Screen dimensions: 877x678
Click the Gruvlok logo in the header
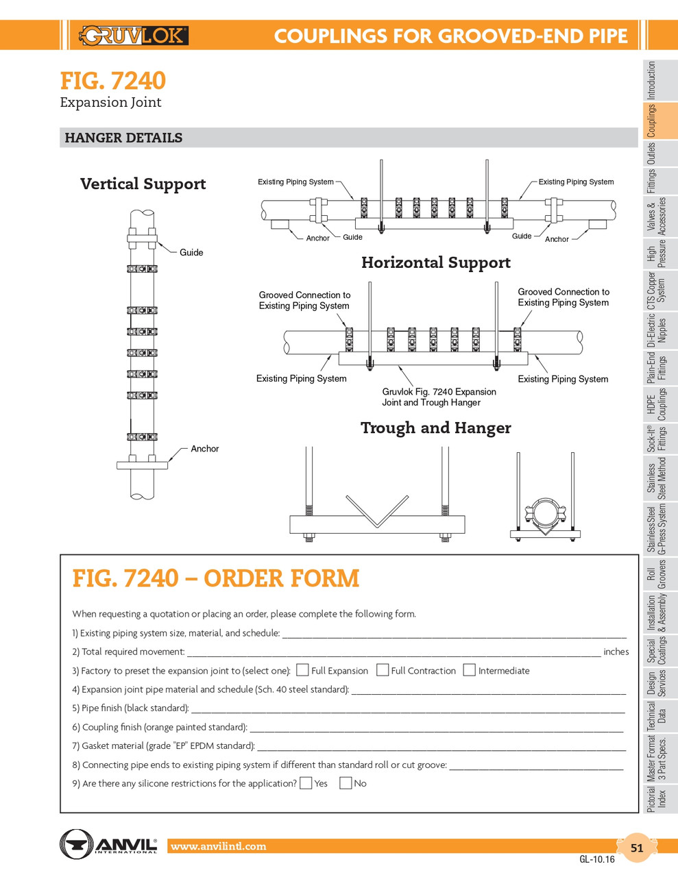[x=134, y=35]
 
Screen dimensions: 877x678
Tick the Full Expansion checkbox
[x=302, y=669]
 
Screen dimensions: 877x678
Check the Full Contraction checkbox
[x=383, y=669]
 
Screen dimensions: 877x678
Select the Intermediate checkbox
[x=470, y=669]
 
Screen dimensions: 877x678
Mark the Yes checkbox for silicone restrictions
[x=306, y=782]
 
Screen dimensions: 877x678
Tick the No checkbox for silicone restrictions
[x=346, y=782]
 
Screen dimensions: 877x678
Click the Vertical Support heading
[x=143, y=184]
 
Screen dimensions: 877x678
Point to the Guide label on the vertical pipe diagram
[x=191, y=253]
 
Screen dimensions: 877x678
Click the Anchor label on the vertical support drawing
[x=204, y=449]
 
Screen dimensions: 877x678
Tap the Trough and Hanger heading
[x=436, y=428]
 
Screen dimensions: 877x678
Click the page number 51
[x=637, y=848]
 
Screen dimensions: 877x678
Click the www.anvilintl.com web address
[x=218, y=847]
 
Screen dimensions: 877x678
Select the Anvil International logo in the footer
[x=108, y=843]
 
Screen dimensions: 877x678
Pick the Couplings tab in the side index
[x=652, y=121]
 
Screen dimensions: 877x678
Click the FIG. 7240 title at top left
[x=112, y=81]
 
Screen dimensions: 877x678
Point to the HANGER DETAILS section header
[x=123, y=138]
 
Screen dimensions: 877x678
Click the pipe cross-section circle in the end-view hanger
[x=546, y=512]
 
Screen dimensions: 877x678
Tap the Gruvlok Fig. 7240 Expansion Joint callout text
[x=439, y=397]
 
